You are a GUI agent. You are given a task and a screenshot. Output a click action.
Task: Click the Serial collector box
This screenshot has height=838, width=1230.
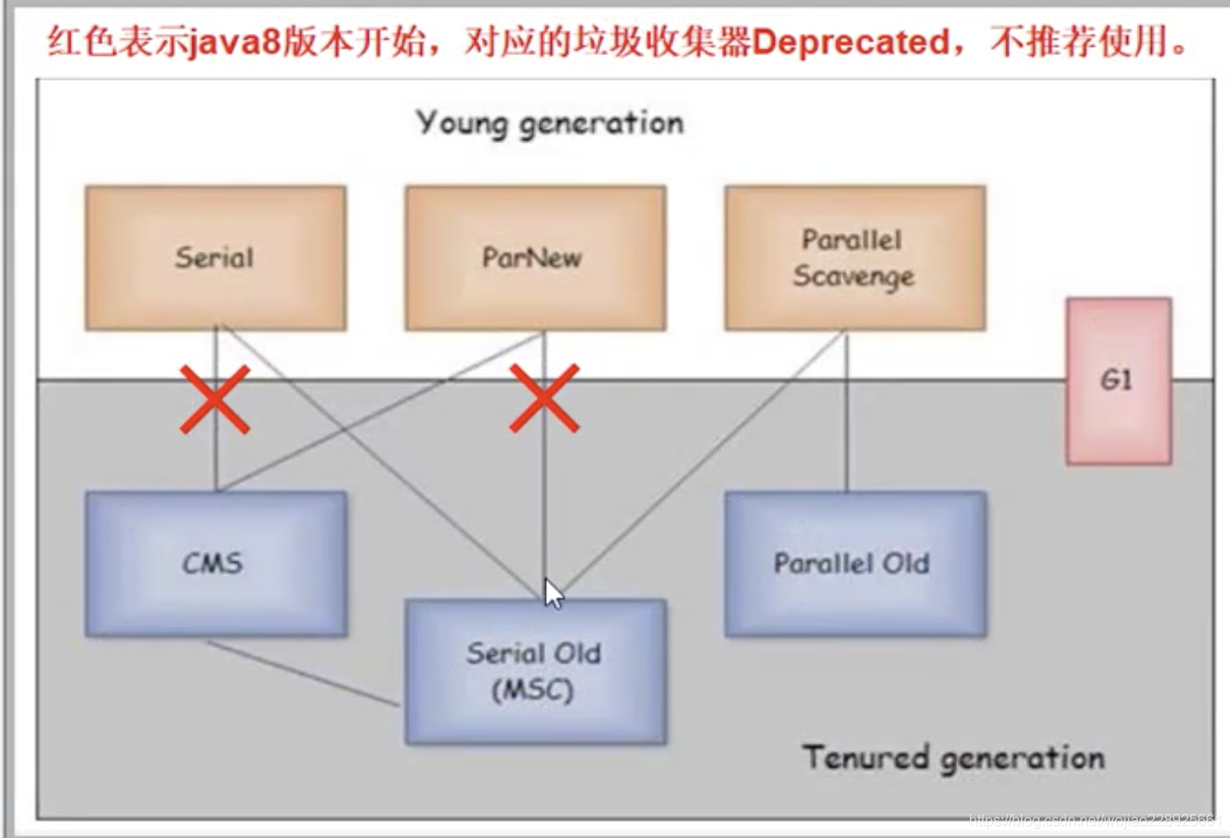tap(216, 257)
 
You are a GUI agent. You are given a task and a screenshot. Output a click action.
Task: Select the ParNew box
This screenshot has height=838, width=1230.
tap(534, 257)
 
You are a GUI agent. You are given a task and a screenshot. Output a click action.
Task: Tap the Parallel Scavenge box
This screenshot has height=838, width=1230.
tap(854, 257)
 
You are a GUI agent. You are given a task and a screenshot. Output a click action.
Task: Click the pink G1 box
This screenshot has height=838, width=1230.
tap(1118, 381)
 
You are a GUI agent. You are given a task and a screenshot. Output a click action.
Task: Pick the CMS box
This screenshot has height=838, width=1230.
tap(216, 564)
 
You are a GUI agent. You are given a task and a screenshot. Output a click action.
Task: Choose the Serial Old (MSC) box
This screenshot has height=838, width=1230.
tap(535, 671)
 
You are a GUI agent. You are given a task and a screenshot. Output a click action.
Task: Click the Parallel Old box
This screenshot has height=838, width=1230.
tap(854, 564)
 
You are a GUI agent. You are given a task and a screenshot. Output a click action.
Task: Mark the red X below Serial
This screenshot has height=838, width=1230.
tap(215, 399)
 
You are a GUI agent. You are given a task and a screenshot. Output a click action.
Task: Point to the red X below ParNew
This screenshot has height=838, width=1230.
tap(544, 399)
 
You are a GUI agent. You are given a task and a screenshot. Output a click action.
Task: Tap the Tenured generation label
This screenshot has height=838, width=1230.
tap(954, 757)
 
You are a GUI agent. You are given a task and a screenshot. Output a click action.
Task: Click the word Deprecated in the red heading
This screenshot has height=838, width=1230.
tap(849, 43)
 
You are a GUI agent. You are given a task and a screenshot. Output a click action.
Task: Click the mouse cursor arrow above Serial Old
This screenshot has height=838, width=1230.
tap(553, 593)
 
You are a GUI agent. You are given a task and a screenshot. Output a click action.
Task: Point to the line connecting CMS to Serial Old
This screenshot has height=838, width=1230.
tap(302, 673)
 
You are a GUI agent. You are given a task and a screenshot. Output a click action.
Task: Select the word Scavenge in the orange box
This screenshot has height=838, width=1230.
tap(854, 276)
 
